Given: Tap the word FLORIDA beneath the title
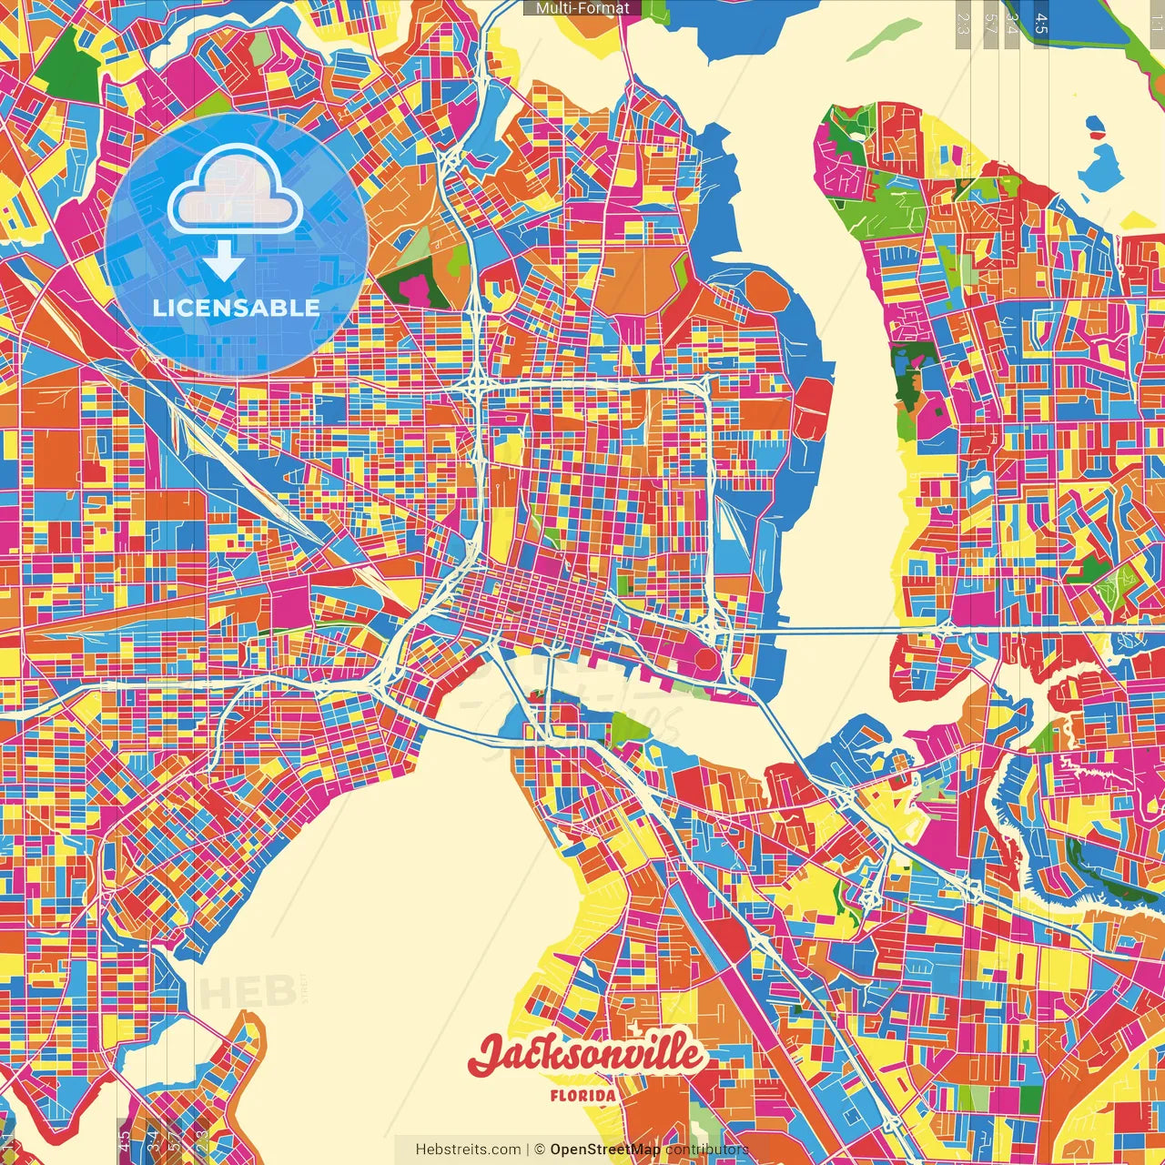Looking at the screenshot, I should click(x=582, y=1096).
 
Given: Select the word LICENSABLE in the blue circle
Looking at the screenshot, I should click(x=236, y=308).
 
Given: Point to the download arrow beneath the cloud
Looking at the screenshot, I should click(x=223, y=262).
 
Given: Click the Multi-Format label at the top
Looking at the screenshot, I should click(x=582, y=8).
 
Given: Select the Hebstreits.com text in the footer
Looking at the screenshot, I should click(x=468, y=1150).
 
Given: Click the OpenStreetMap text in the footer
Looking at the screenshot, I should click(x=605, y=1150).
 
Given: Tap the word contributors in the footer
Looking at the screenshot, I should click(x=706, y=1150).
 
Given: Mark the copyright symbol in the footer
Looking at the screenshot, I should click(x=539, y=1150).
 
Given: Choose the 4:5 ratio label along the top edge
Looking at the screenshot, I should click(x=1041, y=23).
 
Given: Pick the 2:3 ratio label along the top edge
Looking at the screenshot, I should click(x=962, y=23).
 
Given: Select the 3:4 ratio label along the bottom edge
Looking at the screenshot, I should click(x=151, y=1140).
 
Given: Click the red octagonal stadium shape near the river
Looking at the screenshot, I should click(x=704, y=659).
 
